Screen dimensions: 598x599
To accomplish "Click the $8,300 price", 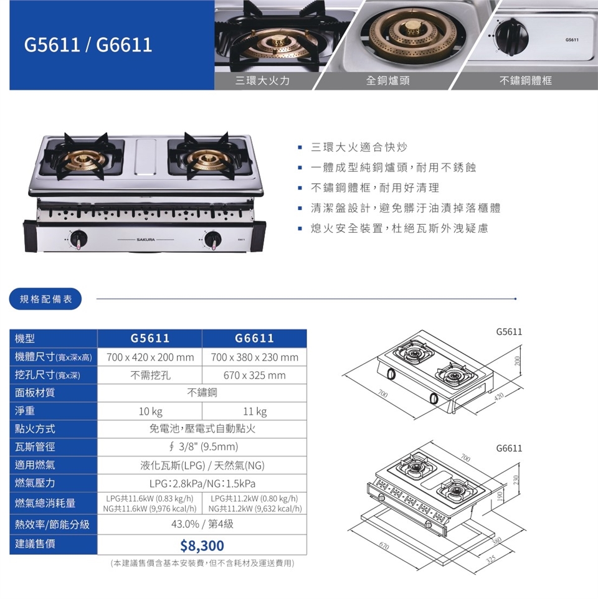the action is [x=202, y=545].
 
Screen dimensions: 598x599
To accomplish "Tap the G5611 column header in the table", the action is [x=149, y=338].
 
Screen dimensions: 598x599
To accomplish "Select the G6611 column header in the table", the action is [x=254, y=338].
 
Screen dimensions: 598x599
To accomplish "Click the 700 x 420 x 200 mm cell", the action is [x=150, y=357].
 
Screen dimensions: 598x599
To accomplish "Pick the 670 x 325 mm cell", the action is [x=255, y=375].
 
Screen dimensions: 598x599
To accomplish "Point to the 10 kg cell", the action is [x=150, y=412].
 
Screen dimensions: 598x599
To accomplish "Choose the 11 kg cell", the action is [x=255, y=412].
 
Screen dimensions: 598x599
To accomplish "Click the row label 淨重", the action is [x=25, y=411].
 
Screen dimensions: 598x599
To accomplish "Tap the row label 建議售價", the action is [x=35, y=544].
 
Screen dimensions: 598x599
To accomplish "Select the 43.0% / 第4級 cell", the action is [x=202, y=524].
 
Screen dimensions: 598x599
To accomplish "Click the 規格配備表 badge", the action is [x=45, y=299].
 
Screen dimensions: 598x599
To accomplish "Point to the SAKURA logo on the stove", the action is [x=146, y=240].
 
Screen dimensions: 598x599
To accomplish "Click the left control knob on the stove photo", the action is [x=79, y=239].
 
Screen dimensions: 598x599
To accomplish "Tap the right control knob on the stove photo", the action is [x=213, y=239].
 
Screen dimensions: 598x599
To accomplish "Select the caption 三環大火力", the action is [x=262, y=80].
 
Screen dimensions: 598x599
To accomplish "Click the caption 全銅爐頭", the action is [x=387, y=80].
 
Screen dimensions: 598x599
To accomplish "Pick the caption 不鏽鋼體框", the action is [x=525, y=80].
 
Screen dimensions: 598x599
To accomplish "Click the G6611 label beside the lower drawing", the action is [x=509, y=448].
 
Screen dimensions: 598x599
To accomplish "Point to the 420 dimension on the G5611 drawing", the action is [x=499, y=396].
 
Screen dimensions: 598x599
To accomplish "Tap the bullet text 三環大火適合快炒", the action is [x=359, y=147].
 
